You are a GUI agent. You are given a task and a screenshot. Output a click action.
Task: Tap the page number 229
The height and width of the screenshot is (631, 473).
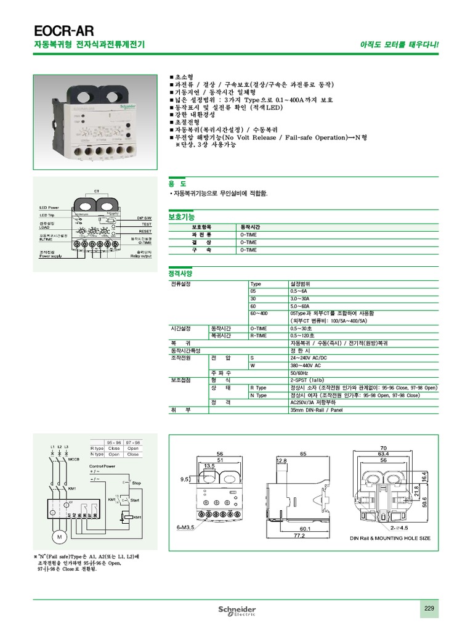pyautogui.click(x=429, y=609)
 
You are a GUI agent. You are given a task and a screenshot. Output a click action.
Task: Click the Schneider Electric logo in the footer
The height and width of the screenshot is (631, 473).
pyautogui.click(x=237, y=610)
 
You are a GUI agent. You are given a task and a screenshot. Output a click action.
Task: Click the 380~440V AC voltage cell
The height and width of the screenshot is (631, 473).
pyautogui.click(x=305, y=365)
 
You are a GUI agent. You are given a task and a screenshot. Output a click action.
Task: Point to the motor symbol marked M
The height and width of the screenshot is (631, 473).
pyautogui.click(x=60, y=538)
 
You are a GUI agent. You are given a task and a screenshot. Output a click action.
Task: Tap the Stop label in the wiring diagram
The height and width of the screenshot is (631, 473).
pyautogui.click(x=137, y=483)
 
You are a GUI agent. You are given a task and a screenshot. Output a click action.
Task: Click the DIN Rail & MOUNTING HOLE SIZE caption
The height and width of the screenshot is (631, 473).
pyautogui.click(x=390, y=539)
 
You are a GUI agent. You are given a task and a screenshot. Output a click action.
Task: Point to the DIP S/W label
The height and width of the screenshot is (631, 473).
pyautogui.click(x=144, y=219)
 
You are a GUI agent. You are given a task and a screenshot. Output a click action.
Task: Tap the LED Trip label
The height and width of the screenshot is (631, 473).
pyautogui.click(x=47, y=215)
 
